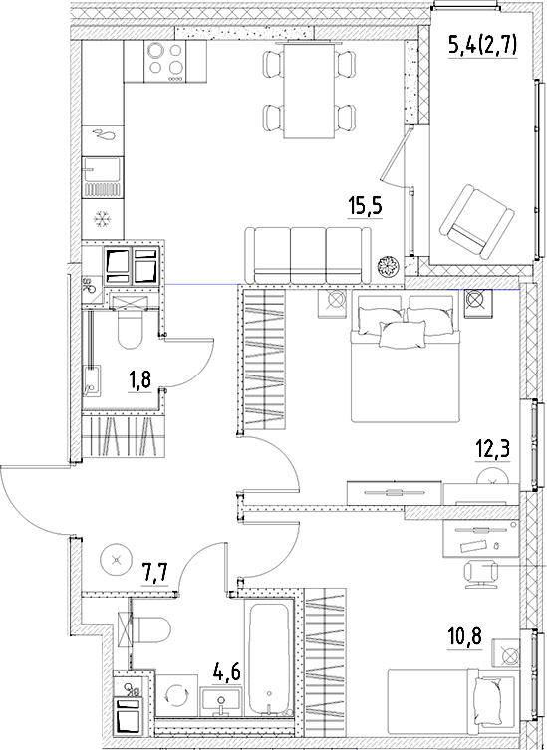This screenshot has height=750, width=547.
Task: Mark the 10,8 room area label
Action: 463,632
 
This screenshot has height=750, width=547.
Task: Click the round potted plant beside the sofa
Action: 387,267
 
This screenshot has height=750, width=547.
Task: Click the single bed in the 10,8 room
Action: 453,707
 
